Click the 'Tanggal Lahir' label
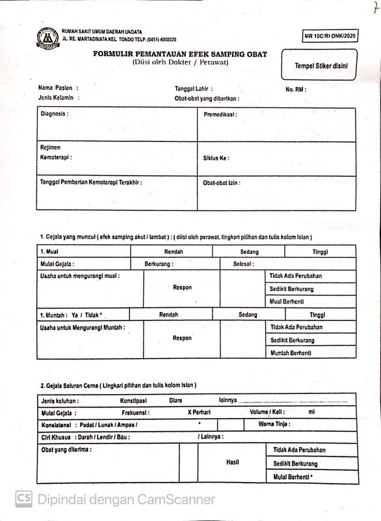(x=194, y=88)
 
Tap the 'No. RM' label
(x=296, y=89)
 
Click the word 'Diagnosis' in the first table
(x=54, y=113)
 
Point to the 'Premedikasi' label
(x=220, y=114)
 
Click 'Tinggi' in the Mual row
(x=320, y=251)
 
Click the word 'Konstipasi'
(x=135, y=400)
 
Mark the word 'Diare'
(x=176, y=400)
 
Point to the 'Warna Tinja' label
(x=274, y=425)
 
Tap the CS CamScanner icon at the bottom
(x=24, y=500)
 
